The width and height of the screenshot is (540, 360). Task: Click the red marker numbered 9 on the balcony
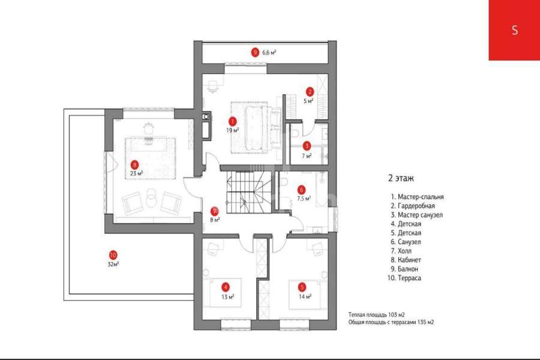pyautogui.click(x=255, y=53)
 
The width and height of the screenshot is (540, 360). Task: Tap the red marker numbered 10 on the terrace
pyautogui.click(x=113, y=255)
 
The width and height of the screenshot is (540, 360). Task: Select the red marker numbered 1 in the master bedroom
pyautogui.click(x=232, y=121)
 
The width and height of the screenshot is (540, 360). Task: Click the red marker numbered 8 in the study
pyautogui.click(x=134, y=164)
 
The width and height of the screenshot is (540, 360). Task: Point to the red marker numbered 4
pyautogui.click(x=225, y=287)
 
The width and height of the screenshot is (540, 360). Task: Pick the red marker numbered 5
pyautogui.click(x=302, y=287)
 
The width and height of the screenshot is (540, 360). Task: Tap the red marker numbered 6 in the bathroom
pyautogui.click(x=302, y=190)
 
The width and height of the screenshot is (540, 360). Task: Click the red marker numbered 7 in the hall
pyautogui.click(x=215, y=211)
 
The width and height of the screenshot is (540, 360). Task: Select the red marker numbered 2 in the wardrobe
pyautogui.click(x=310, y=92)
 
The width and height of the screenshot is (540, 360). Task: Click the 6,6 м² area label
pyautogui.click(x=269, y=53)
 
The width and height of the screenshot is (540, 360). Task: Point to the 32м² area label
pyautogui.click(x=113, y=265)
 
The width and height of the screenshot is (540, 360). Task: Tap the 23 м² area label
pyautogui.click(x=136, y=173)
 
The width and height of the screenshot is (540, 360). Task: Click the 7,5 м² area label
pyautogui.click(x=304, y=199)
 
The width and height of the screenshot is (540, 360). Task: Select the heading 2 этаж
pyautogui.click(x=401, y=178)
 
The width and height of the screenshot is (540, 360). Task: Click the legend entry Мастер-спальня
pyautogui.click(x=418, y=197)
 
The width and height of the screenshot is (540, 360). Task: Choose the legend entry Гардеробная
pyautogui.click(x=413, y=206)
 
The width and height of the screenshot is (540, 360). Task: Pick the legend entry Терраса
pyautogui.click(x=404, y=278)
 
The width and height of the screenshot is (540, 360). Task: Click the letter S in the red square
pyautogui.click(x=515, y=30)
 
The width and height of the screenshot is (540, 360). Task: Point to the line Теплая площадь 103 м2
pyautogui.click(x=376, y=314)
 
